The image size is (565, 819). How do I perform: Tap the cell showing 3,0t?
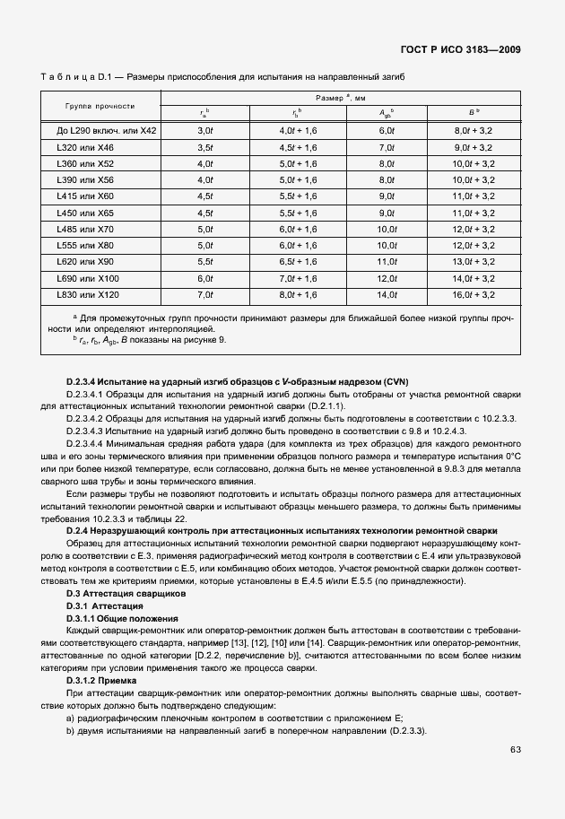click(x=204, y=130)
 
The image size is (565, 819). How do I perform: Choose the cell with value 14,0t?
click(x=387, y=294)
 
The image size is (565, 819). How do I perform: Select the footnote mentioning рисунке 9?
click(x=149, y=340)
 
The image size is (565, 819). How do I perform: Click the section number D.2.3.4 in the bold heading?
click(x=86, y=382)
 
